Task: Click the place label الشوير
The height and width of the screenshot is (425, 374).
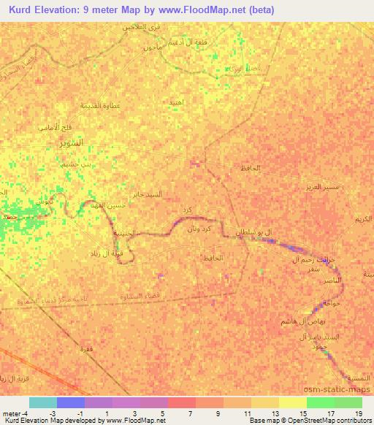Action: click(71, 142)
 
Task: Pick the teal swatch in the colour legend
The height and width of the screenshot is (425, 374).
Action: click(42, 402)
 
